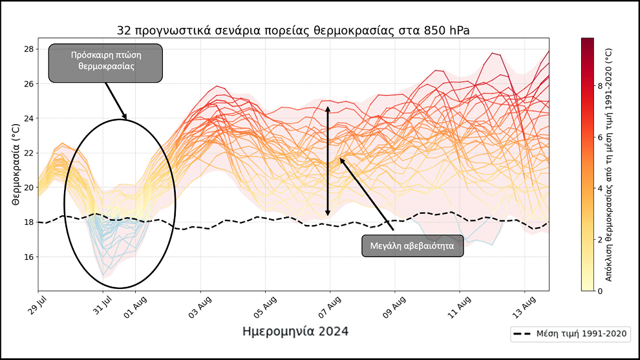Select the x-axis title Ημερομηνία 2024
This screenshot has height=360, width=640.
[x=295, y=332]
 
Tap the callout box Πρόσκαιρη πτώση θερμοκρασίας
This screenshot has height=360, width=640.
[x=105, y=63]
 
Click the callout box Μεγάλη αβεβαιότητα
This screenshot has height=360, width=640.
[x=412, y=246]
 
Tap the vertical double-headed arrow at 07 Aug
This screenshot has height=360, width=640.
[x=328, y=162]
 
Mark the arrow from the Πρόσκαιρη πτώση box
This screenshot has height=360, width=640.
[x=116, y=101]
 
